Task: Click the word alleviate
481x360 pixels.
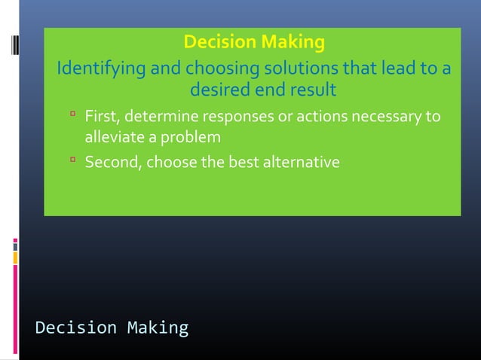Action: pyautogui.click(x=112, y=138)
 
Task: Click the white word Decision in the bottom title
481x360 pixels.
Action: pyautogui.click(x=76, y=328)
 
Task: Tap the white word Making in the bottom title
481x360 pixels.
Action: pyautogui.click(x=158, y=328)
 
